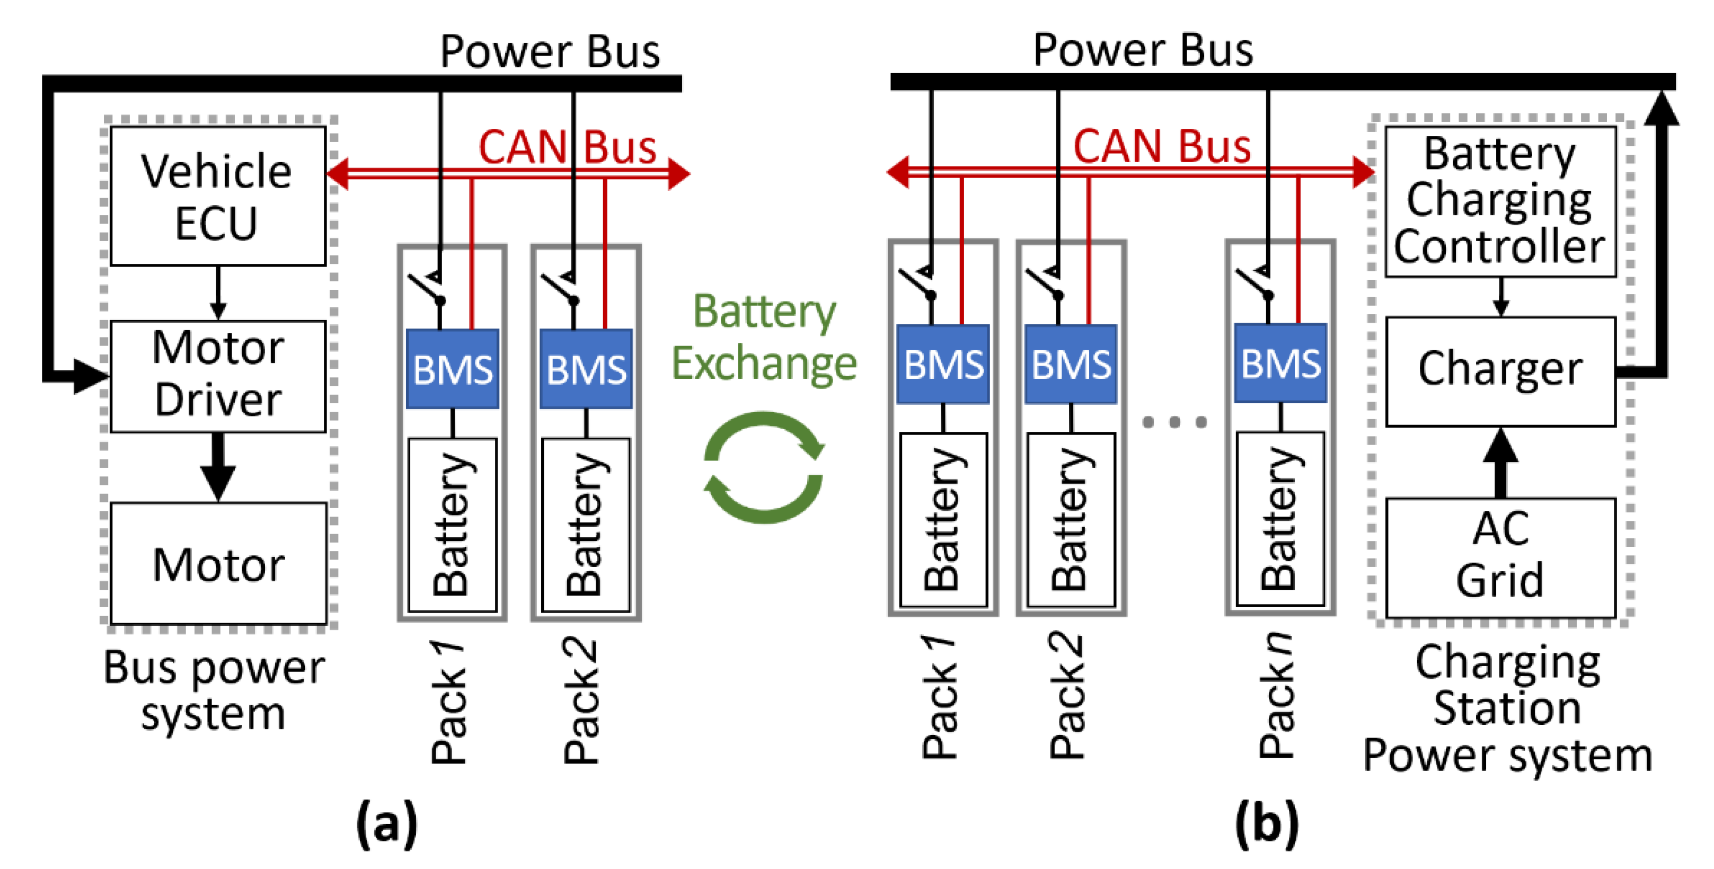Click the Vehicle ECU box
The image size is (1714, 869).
218,196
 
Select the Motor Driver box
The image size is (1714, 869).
218,376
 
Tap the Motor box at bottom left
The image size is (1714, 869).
218,564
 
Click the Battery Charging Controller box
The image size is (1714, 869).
1500,201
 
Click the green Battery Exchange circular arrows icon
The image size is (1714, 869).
764,467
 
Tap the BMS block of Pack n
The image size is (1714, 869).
1280,363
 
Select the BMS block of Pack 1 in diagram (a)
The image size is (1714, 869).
453,369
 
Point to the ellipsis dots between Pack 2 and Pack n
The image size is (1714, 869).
1174,422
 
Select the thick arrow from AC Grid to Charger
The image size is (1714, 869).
1500,463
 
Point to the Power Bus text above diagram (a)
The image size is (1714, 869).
550,52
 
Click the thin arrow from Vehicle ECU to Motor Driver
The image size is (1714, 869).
218,293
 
